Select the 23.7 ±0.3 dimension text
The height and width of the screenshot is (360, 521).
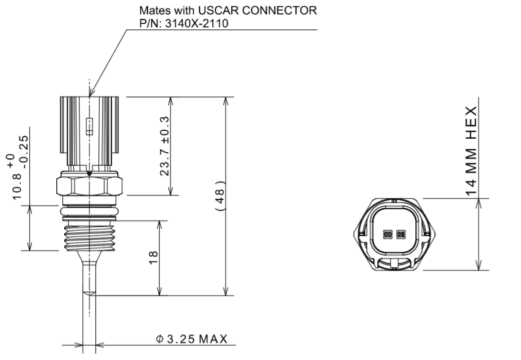tap(164, 146)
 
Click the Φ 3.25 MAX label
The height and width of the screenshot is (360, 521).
tap(191, 339)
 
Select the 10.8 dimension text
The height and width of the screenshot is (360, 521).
tap(17, 183)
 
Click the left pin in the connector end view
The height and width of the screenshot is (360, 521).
tap(387, 233)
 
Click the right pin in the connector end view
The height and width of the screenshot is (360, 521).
tap(401, 233)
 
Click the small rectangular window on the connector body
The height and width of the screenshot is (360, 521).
tap(89, 127)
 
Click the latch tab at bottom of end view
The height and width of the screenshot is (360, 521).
tap(394, 263)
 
